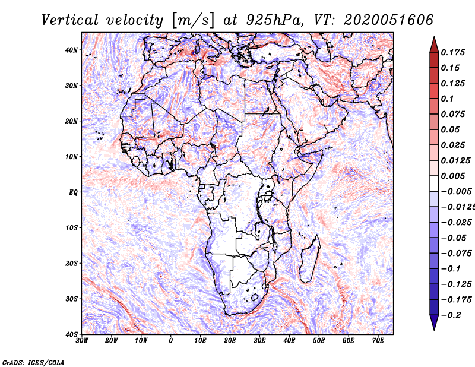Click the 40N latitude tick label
coord(71,50)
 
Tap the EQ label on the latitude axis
coord(73,192)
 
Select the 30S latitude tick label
coord(71,299)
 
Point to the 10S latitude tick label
coord(71,228)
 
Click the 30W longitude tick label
coord(82,341)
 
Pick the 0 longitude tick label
coord(170,341)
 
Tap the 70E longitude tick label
coord(378,341)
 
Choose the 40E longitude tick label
coord(289,341)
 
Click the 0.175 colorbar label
coord(453,52)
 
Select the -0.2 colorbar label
coord(451,315)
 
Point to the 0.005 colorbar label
coord(453,176)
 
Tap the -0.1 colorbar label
coord(451,269)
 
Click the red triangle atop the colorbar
coord(434,46)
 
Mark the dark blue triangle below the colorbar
coord(434,322)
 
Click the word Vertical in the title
coord(69,20)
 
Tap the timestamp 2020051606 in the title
coord(388,20)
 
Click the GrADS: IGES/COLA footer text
coord(33,363)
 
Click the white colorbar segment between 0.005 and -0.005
coord(434,183)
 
